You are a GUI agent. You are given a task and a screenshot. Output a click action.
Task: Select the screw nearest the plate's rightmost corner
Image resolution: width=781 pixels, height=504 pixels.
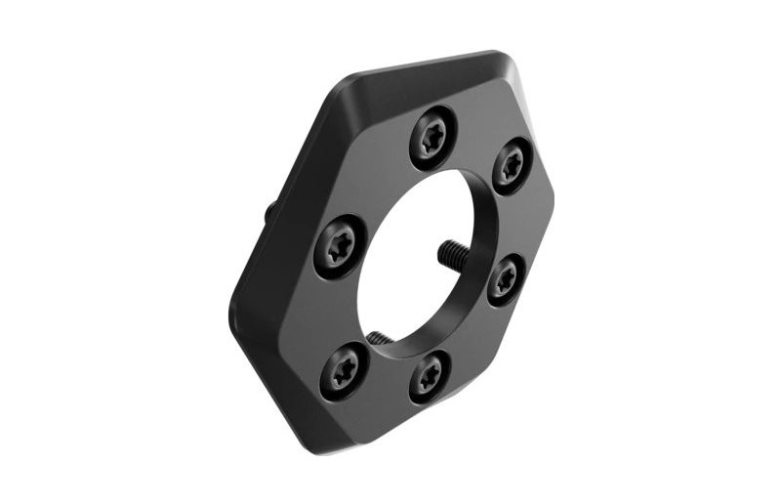tap(511, 166)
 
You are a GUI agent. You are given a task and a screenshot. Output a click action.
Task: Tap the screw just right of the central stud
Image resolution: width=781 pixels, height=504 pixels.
tap(505, 280)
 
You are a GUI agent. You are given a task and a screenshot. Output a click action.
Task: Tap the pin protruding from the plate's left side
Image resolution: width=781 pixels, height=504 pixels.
tap(267, 211)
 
